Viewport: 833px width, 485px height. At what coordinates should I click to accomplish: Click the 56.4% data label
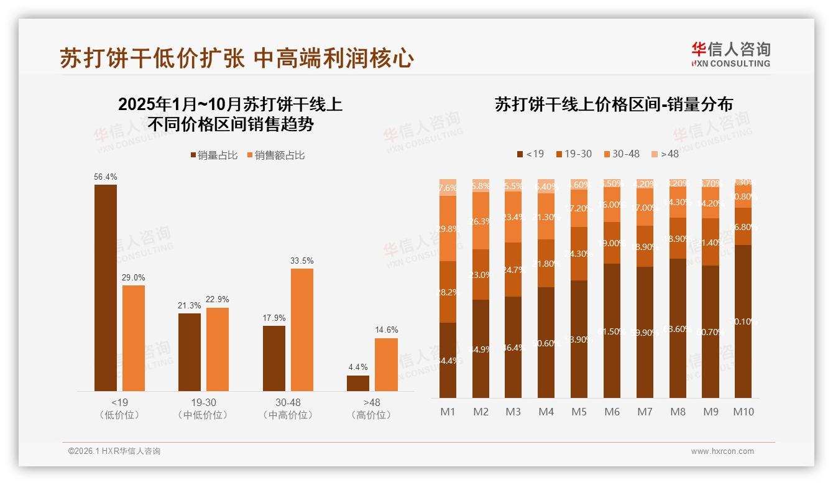click(105, 177)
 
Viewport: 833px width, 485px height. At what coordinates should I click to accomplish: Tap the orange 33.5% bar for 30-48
click(302, 329)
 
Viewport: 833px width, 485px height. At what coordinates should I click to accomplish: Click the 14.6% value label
click(387, 330)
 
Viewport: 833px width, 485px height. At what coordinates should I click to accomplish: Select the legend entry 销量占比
click(214, 155)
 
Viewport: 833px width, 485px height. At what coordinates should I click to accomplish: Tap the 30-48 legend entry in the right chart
click(621, 154)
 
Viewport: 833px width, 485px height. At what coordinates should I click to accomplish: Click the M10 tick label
click(743, 412)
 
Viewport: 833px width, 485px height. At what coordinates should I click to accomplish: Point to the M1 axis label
click(448, 412)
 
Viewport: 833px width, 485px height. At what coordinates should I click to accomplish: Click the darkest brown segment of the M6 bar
click(612, 330)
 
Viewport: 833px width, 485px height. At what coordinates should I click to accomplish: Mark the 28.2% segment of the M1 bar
click(448, 292)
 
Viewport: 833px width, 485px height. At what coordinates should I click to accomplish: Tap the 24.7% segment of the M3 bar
click(513, 269)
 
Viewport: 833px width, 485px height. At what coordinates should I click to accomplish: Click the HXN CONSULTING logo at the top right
click(730, 54)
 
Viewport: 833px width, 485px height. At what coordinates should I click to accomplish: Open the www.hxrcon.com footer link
click(722, 451)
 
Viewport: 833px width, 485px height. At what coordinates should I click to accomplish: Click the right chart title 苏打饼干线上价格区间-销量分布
click(614, 104)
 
